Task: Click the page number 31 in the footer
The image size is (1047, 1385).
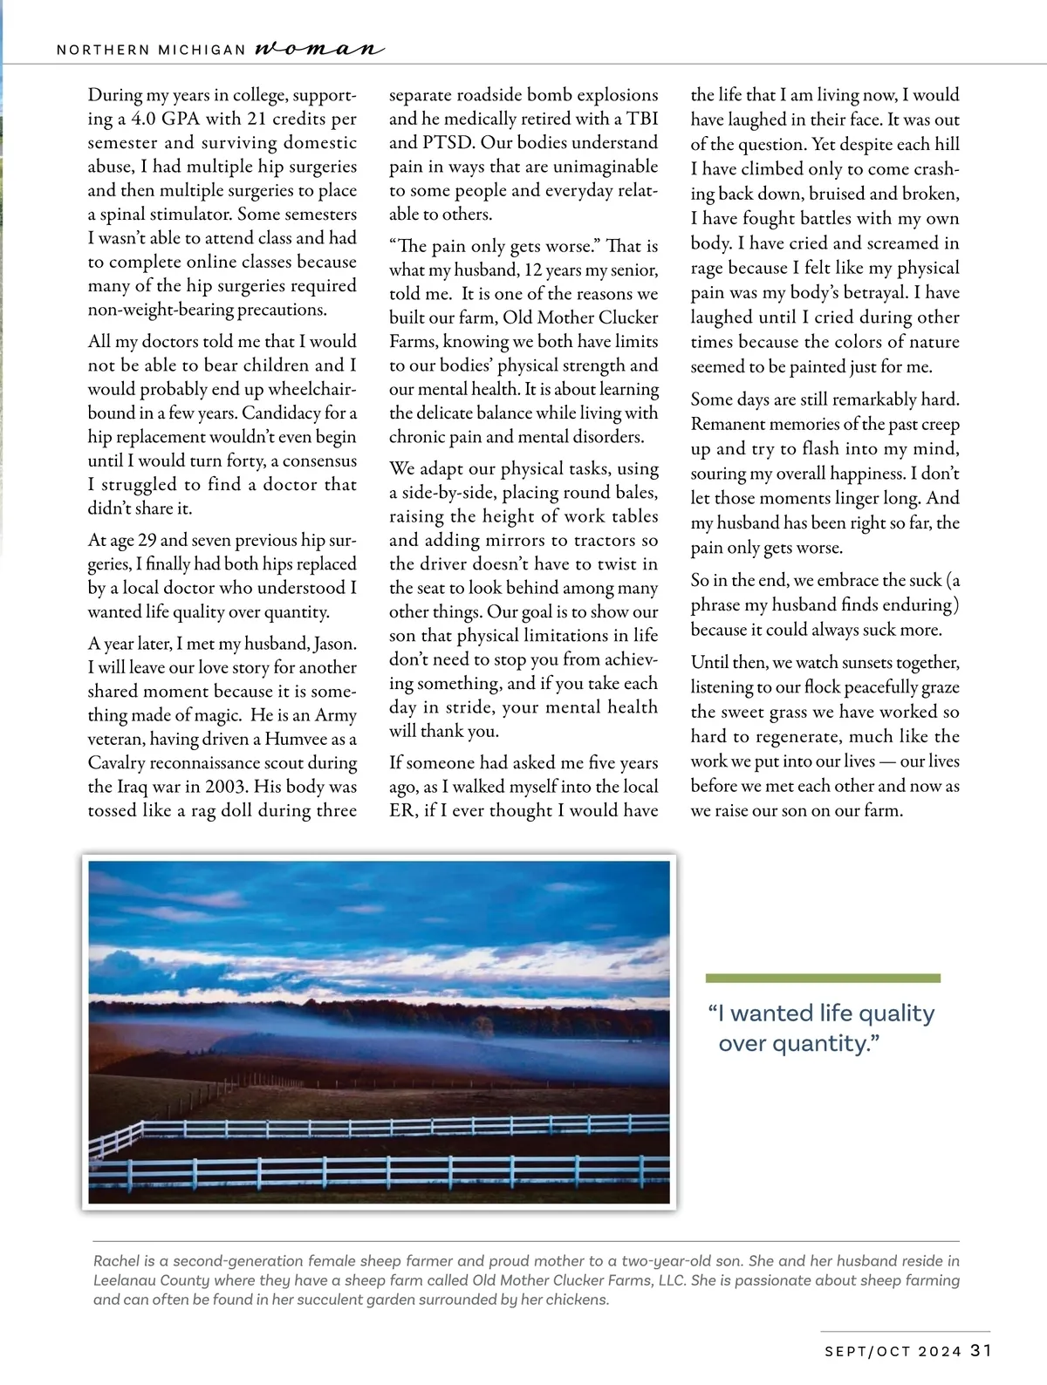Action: point(981,1350)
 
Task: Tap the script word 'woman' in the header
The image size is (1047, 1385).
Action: point(318,49)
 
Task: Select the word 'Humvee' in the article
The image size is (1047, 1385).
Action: point(296,739)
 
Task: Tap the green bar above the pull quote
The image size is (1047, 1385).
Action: point(823,979)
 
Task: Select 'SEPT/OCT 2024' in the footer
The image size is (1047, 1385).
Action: point(893,1352)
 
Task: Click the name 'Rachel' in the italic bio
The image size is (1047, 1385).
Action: point(117,1261)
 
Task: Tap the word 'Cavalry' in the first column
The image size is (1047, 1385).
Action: point(116,763)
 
